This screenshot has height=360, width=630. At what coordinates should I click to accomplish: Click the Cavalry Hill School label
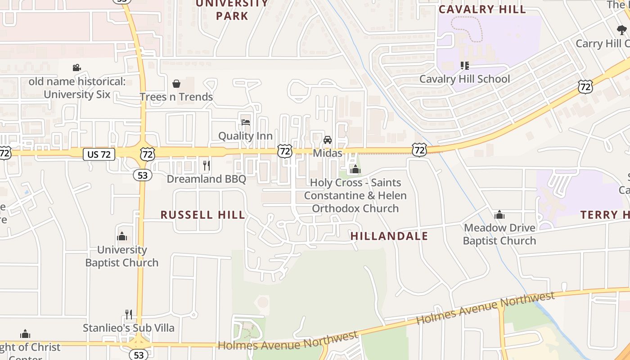[x=464, y=79]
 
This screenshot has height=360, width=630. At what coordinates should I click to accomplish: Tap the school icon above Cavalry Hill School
[x=465, y=66]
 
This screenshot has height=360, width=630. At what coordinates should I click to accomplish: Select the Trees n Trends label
[x=176, y=97]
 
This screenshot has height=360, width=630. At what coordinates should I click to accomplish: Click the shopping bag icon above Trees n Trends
[x=176, y=84]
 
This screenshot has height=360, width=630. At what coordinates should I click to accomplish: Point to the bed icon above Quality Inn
[x=245, y=122]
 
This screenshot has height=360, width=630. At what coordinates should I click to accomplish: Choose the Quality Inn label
[x=245, y=136]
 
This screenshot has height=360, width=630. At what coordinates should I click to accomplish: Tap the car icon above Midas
[x=328, y=140]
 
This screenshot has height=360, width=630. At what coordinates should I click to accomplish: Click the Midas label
[x=328, y=153]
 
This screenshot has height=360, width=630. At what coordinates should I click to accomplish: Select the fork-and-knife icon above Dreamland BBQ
[x=207, y=166]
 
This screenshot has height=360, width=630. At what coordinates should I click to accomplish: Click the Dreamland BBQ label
[x=207, y=179]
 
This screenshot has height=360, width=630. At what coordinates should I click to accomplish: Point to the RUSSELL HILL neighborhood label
[x=203, y=215]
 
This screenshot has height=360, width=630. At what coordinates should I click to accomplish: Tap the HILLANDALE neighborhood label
[x=389, y=236]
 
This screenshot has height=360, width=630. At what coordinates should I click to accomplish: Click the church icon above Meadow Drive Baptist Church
[x=499, y=215]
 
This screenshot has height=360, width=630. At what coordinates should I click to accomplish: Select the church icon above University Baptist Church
[x=122, y=236]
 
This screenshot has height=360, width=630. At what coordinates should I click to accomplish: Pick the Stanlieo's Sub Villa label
[x=129, y=328]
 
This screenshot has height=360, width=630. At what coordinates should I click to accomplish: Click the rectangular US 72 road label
[x=99, y=154]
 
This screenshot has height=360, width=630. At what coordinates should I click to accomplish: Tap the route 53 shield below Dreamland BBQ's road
[x=143, y=175]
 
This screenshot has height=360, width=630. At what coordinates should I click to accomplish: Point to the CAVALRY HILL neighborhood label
[x=482, y=9]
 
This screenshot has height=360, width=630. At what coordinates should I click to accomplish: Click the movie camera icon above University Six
[x=77, y=68]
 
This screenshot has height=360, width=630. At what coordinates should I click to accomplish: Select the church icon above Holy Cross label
[x=355, y=169]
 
